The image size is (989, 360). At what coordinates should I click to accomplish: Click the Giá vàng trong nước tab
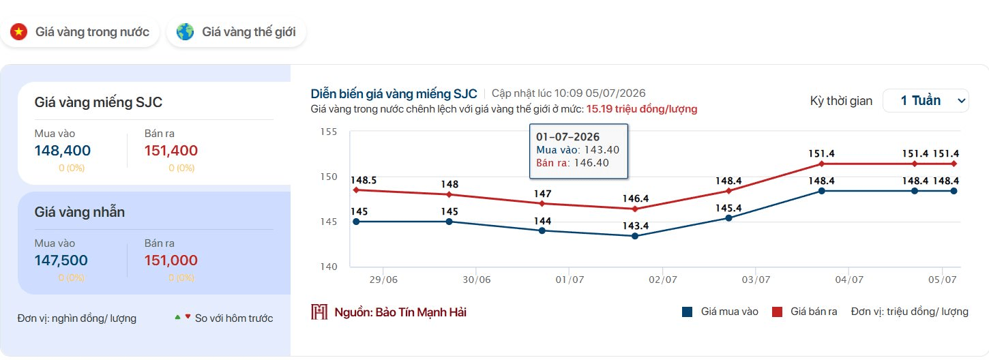[80, 32]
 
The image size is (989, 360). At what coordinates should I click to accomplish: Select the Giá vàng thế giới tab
[236, 32]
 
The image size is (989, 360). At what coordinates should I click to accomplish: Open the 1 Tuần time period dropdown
[926, 101]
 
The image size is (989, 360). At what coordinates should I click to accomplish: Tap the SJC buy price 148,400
[63, 151]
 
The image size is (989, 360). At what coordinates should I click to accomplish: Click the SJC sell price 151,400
[171, 151]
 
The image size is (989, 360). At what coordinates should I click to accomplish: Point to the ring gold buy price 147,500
[61, 260]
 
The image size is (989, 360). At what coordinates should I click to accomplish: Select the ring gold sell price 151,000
[171, 260]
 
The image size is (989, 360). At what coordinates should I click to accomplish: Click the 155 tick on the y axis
[329, 132]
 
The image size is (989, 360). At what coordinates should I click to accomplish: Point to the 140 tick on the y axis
[329, 267]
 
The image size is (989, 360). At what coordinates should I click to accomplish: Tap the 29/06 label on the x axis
[383, 280]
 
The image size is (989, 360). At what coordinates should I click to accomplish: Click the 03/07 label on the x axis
[756, 280]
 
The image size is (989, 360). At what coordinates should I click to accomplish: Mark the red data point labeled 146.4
[635, 209]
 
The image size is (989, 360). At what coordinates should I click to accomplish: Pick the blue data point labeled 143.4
[635, 236]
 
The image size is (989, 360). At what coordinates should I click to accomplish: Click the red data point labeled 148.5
[356, 190]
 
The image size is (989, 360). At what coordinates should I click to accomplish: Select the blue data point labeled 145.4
[728, 218]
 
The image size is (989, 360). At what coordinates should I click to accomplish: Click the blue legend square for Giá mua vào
[687, 312]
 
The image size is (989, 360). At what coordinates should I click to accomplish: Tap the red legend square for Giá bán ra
[777, 312]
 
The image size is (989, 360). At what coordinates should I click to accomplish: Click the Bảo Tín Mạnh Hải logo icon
[319, 312]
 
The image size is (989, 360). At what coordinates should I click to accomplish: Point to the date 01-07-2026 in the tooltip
[567, 137]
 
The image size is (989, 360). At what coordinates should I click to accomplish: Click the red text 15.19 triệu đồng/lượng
[642, 109]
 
